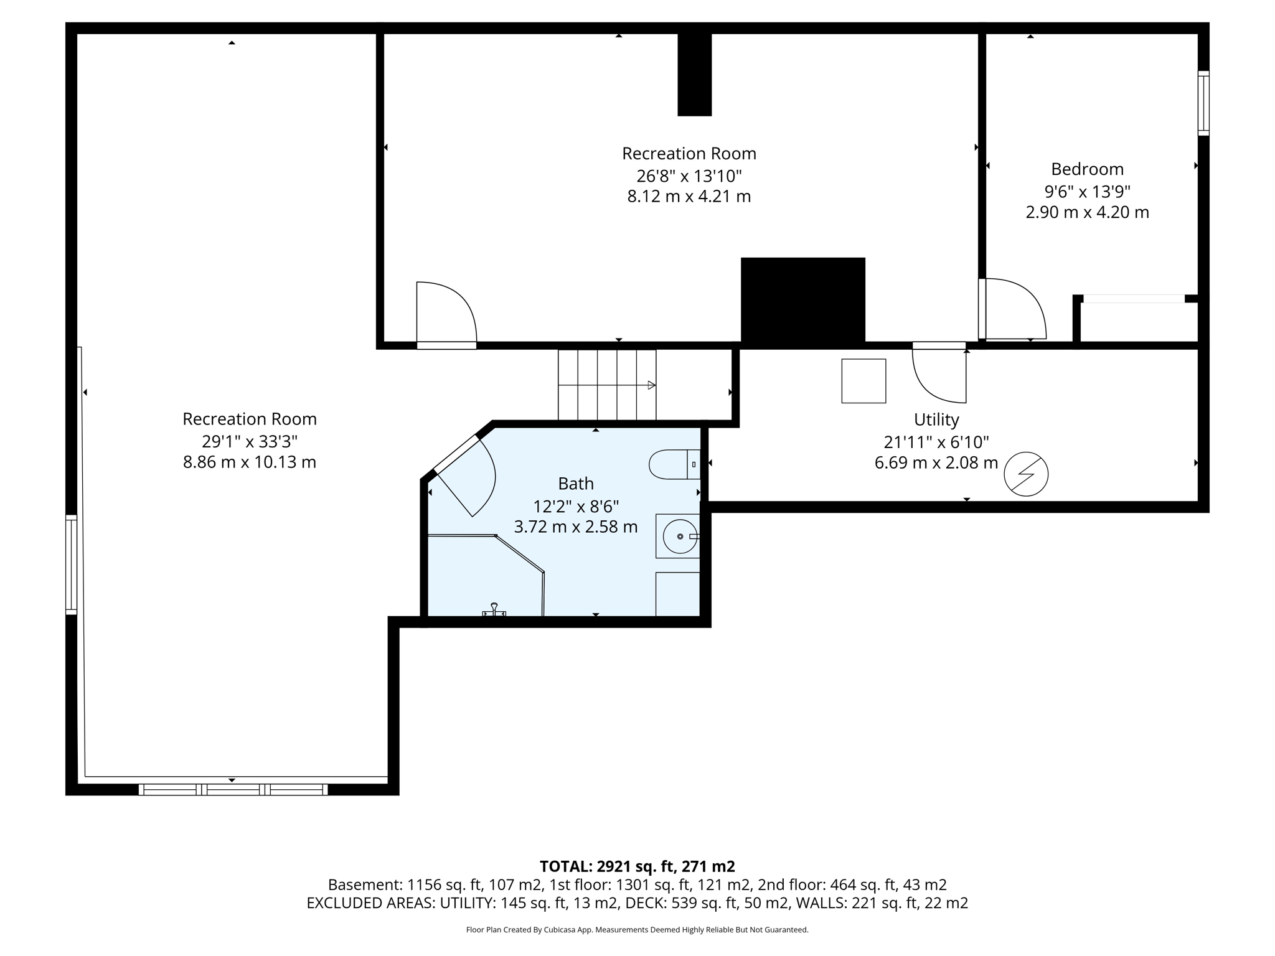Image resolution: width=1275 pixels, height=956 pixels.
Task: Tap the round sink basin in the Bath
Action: point(679,537)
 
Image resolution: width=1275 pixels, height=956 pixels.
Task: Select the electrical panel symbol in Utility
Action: point(1026,474)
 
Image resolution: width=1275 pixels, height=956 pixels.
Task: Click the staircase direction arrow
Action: point(651,385)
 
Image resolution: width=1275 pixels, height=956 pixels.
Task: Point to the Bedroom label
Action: point(1087,169)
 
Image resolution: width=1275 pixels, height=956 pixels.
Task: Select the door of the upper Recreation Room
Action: point(445,313)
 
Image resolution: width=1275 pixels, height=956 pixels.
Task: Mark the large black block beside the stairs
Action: point(802,301)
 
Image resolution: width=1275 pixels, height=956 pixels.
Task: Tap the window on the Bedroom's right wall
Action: point(1203,103)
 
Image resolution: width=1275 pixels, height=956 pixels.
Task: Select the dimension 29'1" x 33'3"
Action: point(250,441)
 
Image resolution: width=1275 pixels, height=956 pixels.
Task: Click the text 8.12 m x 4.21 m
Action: point(689,197)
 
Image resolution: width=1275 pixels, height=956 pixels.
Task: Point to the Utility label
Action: point(936,420)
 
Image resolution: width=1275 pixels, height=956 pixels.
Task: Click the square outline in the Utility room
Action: point(863,381)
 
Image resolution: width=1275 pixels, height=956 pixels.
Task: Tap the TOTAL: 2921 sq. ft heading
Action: point(637,866)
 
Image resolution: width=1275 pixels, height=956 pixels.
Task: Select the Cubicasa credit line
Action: point(637,930)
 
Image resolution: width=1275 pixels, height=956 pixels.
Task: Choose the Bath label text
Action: point(575,484)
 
